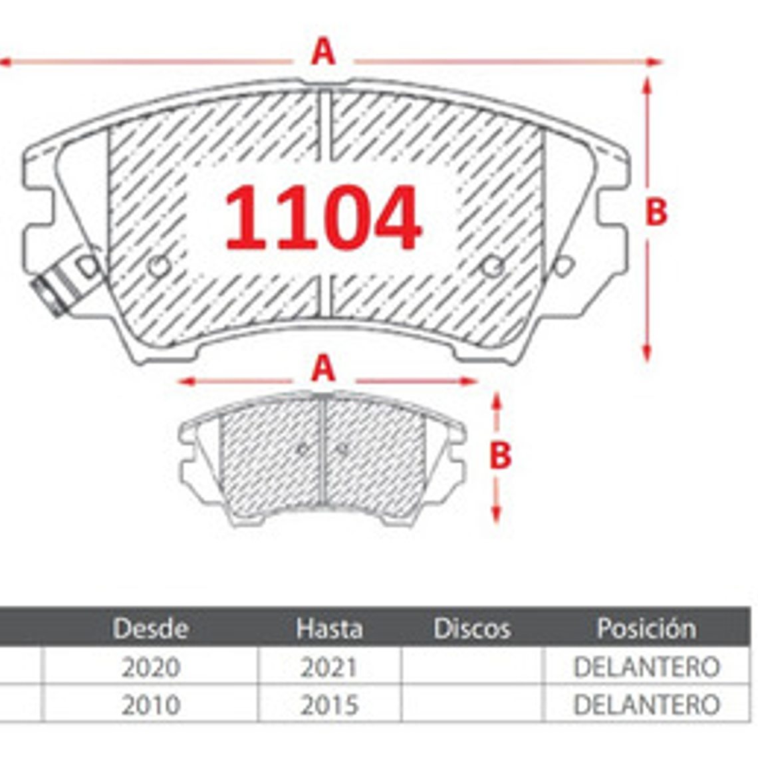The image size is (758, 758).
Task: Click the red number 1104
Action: tap(322, 218)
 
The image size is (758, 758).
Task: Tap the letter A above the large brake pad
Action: tap(323, 53)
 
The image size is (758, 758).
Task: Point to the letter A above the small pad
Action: tap(323, 368)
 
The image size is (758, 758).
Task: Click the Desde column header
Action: tap(150, 628)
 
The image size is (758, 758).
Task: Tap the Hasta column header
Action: tap(329, 628)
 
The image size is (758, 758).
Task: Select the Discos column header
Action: tap(472, 628)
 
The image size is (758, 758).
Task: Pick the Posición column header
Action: tap(647, 628)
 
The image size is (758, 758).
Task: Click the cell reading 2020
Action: tap(151, 668)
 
